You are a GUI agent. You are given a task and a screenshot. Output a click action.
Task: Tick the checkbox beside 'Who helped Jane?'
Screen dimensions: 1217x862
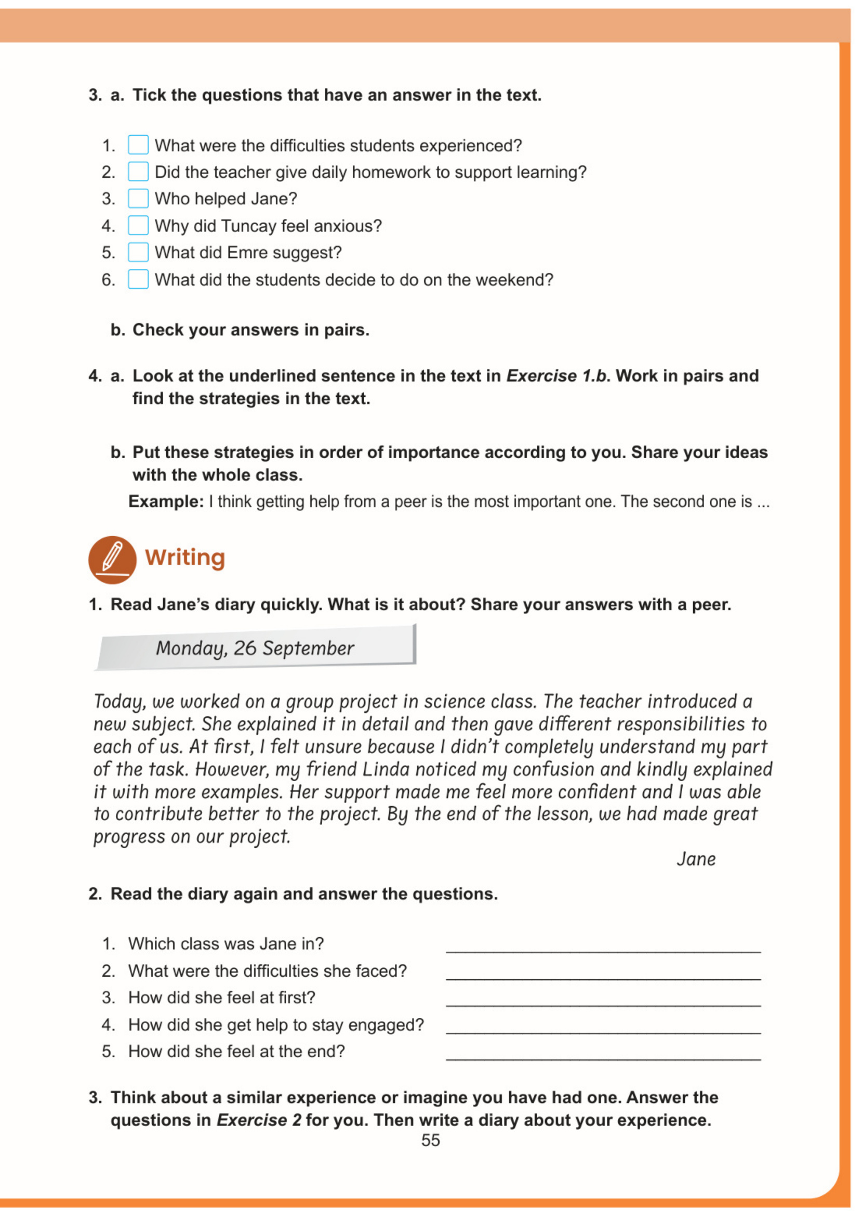138,199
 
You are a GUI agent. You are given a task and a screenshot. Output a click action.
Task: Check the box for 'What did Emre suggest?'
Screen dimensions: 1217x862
138,252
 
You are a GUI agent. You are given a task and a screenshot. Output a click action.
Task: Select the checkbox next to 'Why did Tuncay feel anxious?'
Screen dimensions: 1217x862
138,226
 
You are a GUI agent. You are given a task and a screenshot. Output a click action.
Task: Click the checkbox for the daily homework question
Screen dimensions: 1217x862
138,172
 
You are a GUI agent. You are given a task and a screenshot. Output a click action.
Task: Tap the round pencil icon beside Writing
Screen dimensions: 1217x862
112,560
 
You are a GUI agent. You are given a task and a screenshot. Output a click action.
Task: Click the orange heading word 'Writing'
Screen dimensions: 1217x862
185,558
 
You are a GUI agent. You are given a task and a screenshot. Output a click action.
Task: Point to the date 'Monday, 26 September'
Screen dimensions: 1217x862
255,648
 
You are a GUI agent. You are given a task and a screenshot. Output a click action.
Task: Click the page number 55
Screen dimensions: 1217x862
430,1140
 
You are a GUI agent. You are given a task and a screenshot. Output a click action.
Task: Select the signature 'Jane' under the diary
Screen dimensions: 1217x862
696,859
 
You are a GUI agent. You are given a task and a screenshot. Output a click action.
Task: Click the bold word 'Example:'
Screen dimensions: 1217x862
166,501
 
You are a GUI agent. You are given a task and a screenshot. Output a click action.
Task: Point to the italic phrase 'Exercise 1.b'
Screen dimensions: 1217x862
557,376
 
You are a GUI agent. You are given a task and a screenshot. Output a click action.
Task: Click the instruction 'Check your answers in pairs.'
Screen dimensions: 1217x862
250,330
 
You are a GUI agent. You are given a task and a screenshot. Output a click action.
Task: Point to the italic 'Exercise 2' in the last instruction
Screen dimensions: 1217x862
258,1120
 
